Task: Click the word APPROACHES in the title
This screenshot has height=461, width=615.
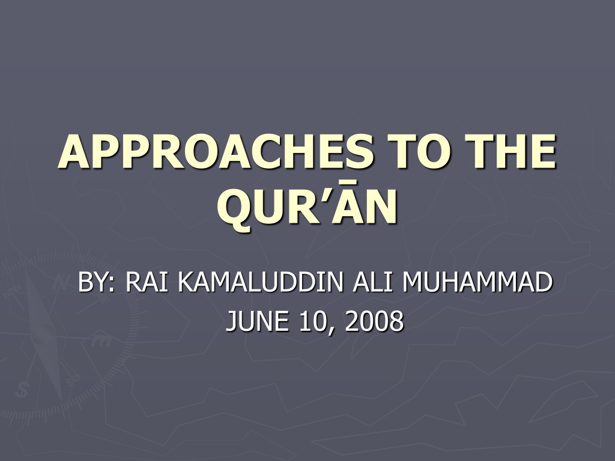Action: click(x=215, y=152)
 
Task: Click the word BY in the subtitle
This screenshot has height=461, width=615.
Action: click(x=93, y=282)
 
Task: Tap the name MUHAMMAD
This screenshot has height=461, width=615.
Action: click(x=477, y=282)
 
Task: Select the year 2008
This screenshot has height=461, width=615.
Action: click(x=375, y=321)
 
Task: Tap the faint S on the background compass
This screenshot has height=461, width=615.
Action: click(x=22, y=390)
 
